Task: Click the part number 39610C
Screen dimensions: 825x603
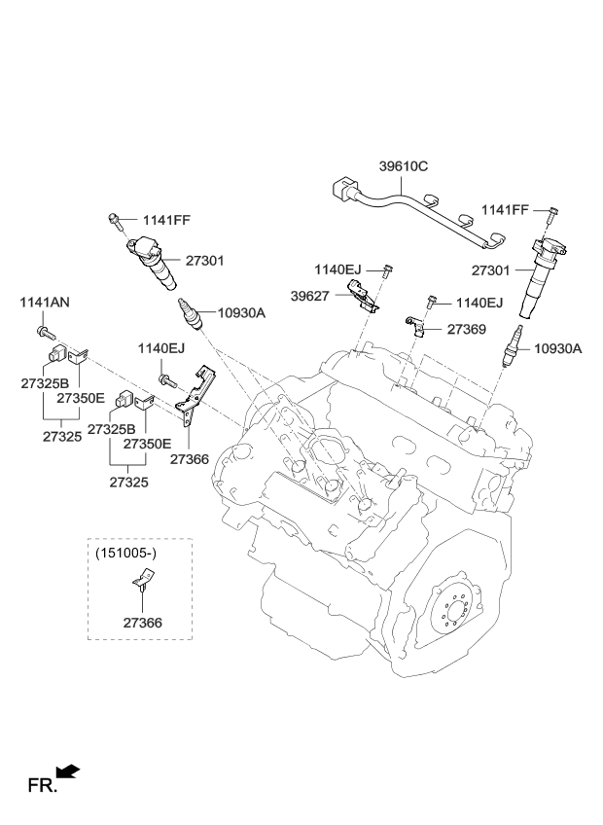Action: pos(402,166)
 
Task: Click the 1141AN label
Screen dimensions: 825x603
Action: pos(45,303)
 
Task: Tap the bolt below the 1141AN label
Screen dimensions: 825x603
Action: pos(44,334)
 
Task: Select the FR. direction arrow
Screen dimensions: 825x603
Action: pos(67,772)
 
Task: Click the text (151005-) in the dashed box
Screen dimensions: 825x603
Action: pos(127,554)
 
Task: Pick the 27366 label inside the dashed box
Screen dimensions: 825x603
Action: pos(142,622)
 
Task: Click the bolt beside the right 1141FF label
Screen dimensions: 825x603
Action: pos(551,213)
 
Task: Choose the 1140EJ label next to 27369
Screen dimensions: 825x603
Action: pos(479,304)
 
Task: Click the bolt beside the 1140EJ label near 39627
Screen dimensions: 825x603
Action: pos(387,269)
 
